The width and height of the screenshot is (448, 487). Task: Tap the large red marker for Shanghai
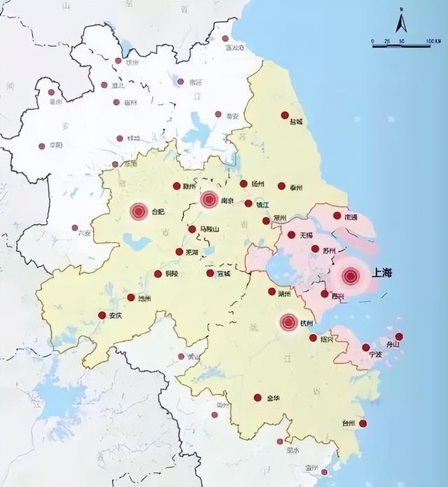click(351, 276)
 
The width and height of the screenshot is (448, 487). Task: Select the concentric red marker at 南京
click(209, 200)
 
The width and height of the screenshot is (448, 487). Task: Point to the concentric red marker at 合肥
click(138, 210)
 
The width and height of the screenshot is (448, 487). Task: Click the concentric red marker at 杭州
click(288, 322)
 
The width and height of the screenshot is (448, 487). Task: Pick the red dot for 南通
click(337, 216)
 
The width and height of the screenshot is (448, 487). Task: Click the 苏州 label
click(330, 251)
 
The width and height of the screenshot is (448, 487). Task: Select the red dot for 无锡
click(291, 235)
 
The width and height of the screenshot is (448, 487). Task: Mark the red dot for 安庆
click(102, 315)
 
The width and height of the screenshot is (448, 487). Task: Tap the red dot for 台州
click(363, 423)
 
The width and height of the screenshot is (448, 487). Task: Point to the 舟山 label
click(392, 345)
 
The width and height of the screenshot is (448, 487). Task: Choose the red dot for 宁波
click(365, 348)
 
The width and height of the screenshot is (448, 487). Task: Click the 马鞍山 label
click(209, 230)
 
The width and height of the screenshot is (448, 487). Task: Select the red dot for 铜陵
click(157, 274)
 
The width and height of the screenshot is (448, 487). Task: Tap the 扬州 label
click(258, 184)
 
